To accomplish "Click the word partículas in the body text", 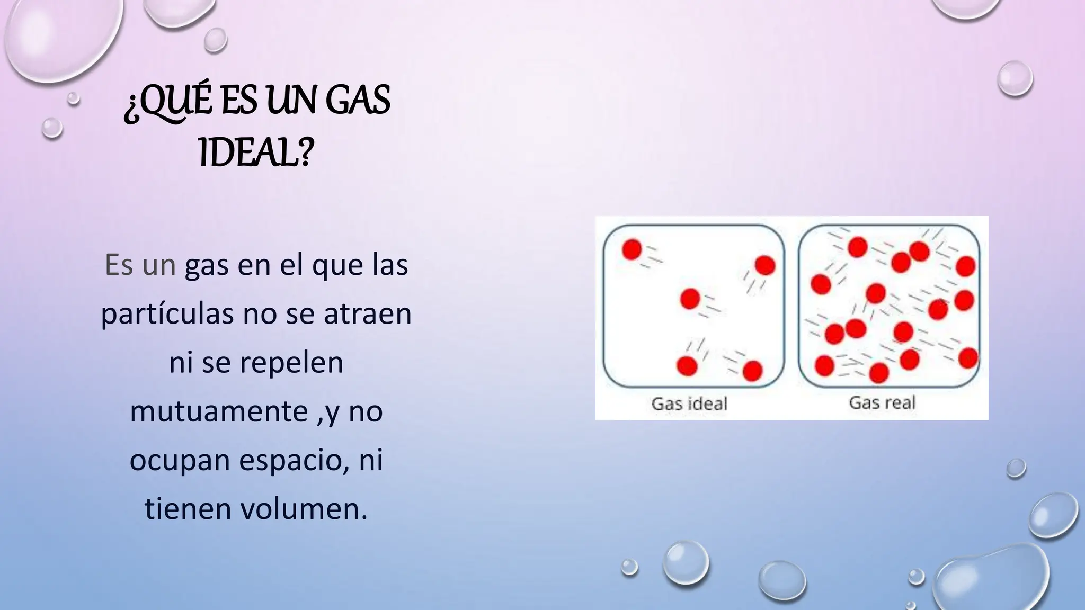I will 167,313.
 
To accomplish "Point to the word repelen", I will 291,363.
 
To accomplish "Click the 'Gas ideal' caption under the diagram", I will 689,403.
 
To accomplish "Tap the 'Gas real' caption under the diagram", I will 882,402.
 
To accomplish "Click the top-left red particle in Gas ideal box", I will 632,249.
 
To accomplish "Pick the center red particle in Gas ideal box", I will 690,299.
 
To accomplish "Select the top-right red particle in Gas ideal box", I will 765,265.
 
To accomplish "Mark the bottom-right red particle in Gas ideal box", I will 752,371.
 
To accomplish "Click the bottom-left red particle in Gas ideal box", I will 687,365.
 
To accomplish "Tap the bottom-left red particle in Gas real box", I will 824,365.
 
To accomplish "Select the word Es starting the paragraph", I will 118,265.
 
